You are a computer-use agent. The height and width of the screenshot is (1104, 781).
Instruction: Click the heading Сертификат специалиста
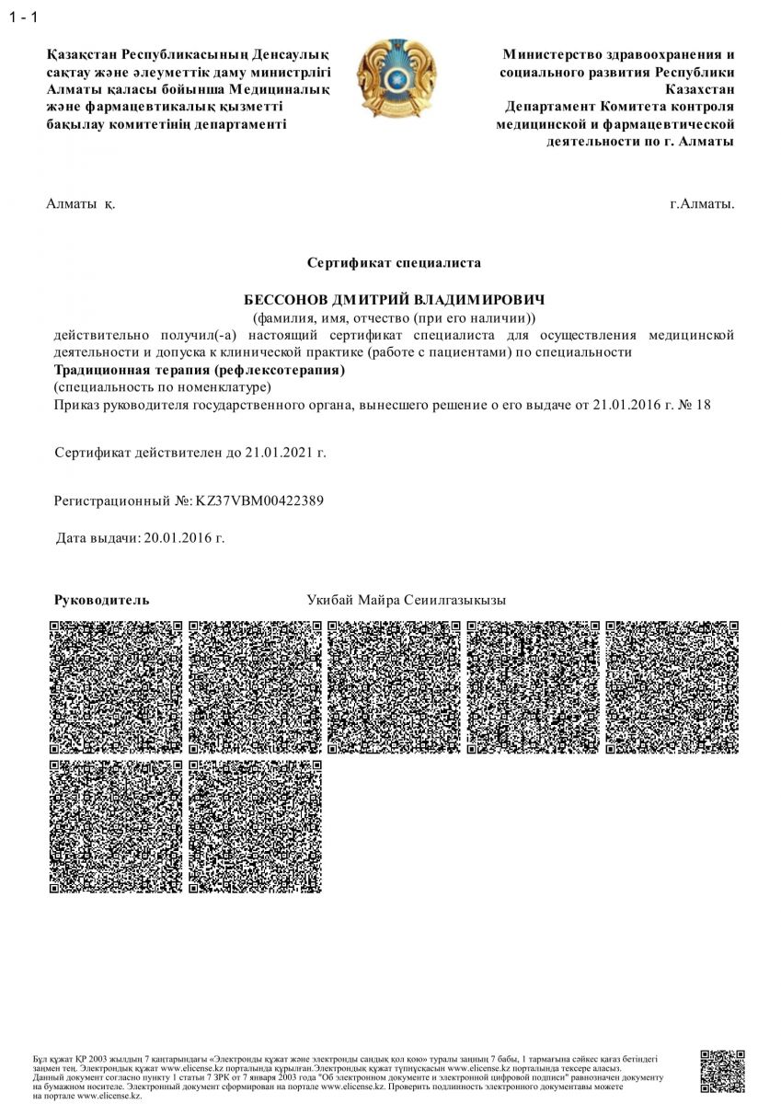[x=394, y=263]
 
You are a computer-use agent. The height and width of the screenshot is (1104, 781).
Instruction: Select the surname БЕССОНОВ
[x=284, y=301]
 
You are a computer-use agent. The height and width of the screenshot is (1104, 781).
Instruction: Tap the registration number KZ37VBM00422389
[x=259, y=500]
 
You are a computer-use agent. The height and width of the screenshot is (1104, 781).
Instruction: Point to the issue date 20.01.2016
[x=184, y=537]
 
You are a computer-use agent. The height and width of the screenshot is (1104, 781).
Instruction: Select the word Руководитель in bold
[x=101, y=600]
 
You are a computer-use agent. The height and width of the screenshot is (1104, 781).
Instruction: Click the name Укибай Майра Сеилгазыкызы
[x=406, y=600]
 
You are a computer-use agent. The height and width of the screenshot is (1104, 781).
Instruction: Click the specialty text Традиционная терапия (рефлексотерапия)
[x=200, y=371]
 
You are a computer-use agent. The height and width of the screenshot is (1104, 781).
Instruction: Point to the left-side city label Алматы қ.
[x=80, y=203]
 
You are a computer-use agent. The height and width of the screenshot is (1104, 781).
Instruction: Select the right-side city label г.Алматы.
[x=702, y=203]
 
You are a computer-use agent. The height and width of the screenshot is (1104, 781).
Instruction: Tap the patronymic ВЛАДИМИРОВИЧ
[x=479, y=301]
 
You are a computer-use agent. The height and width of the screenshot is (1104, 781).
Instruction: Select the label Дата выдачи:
[x=98, y=537]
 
